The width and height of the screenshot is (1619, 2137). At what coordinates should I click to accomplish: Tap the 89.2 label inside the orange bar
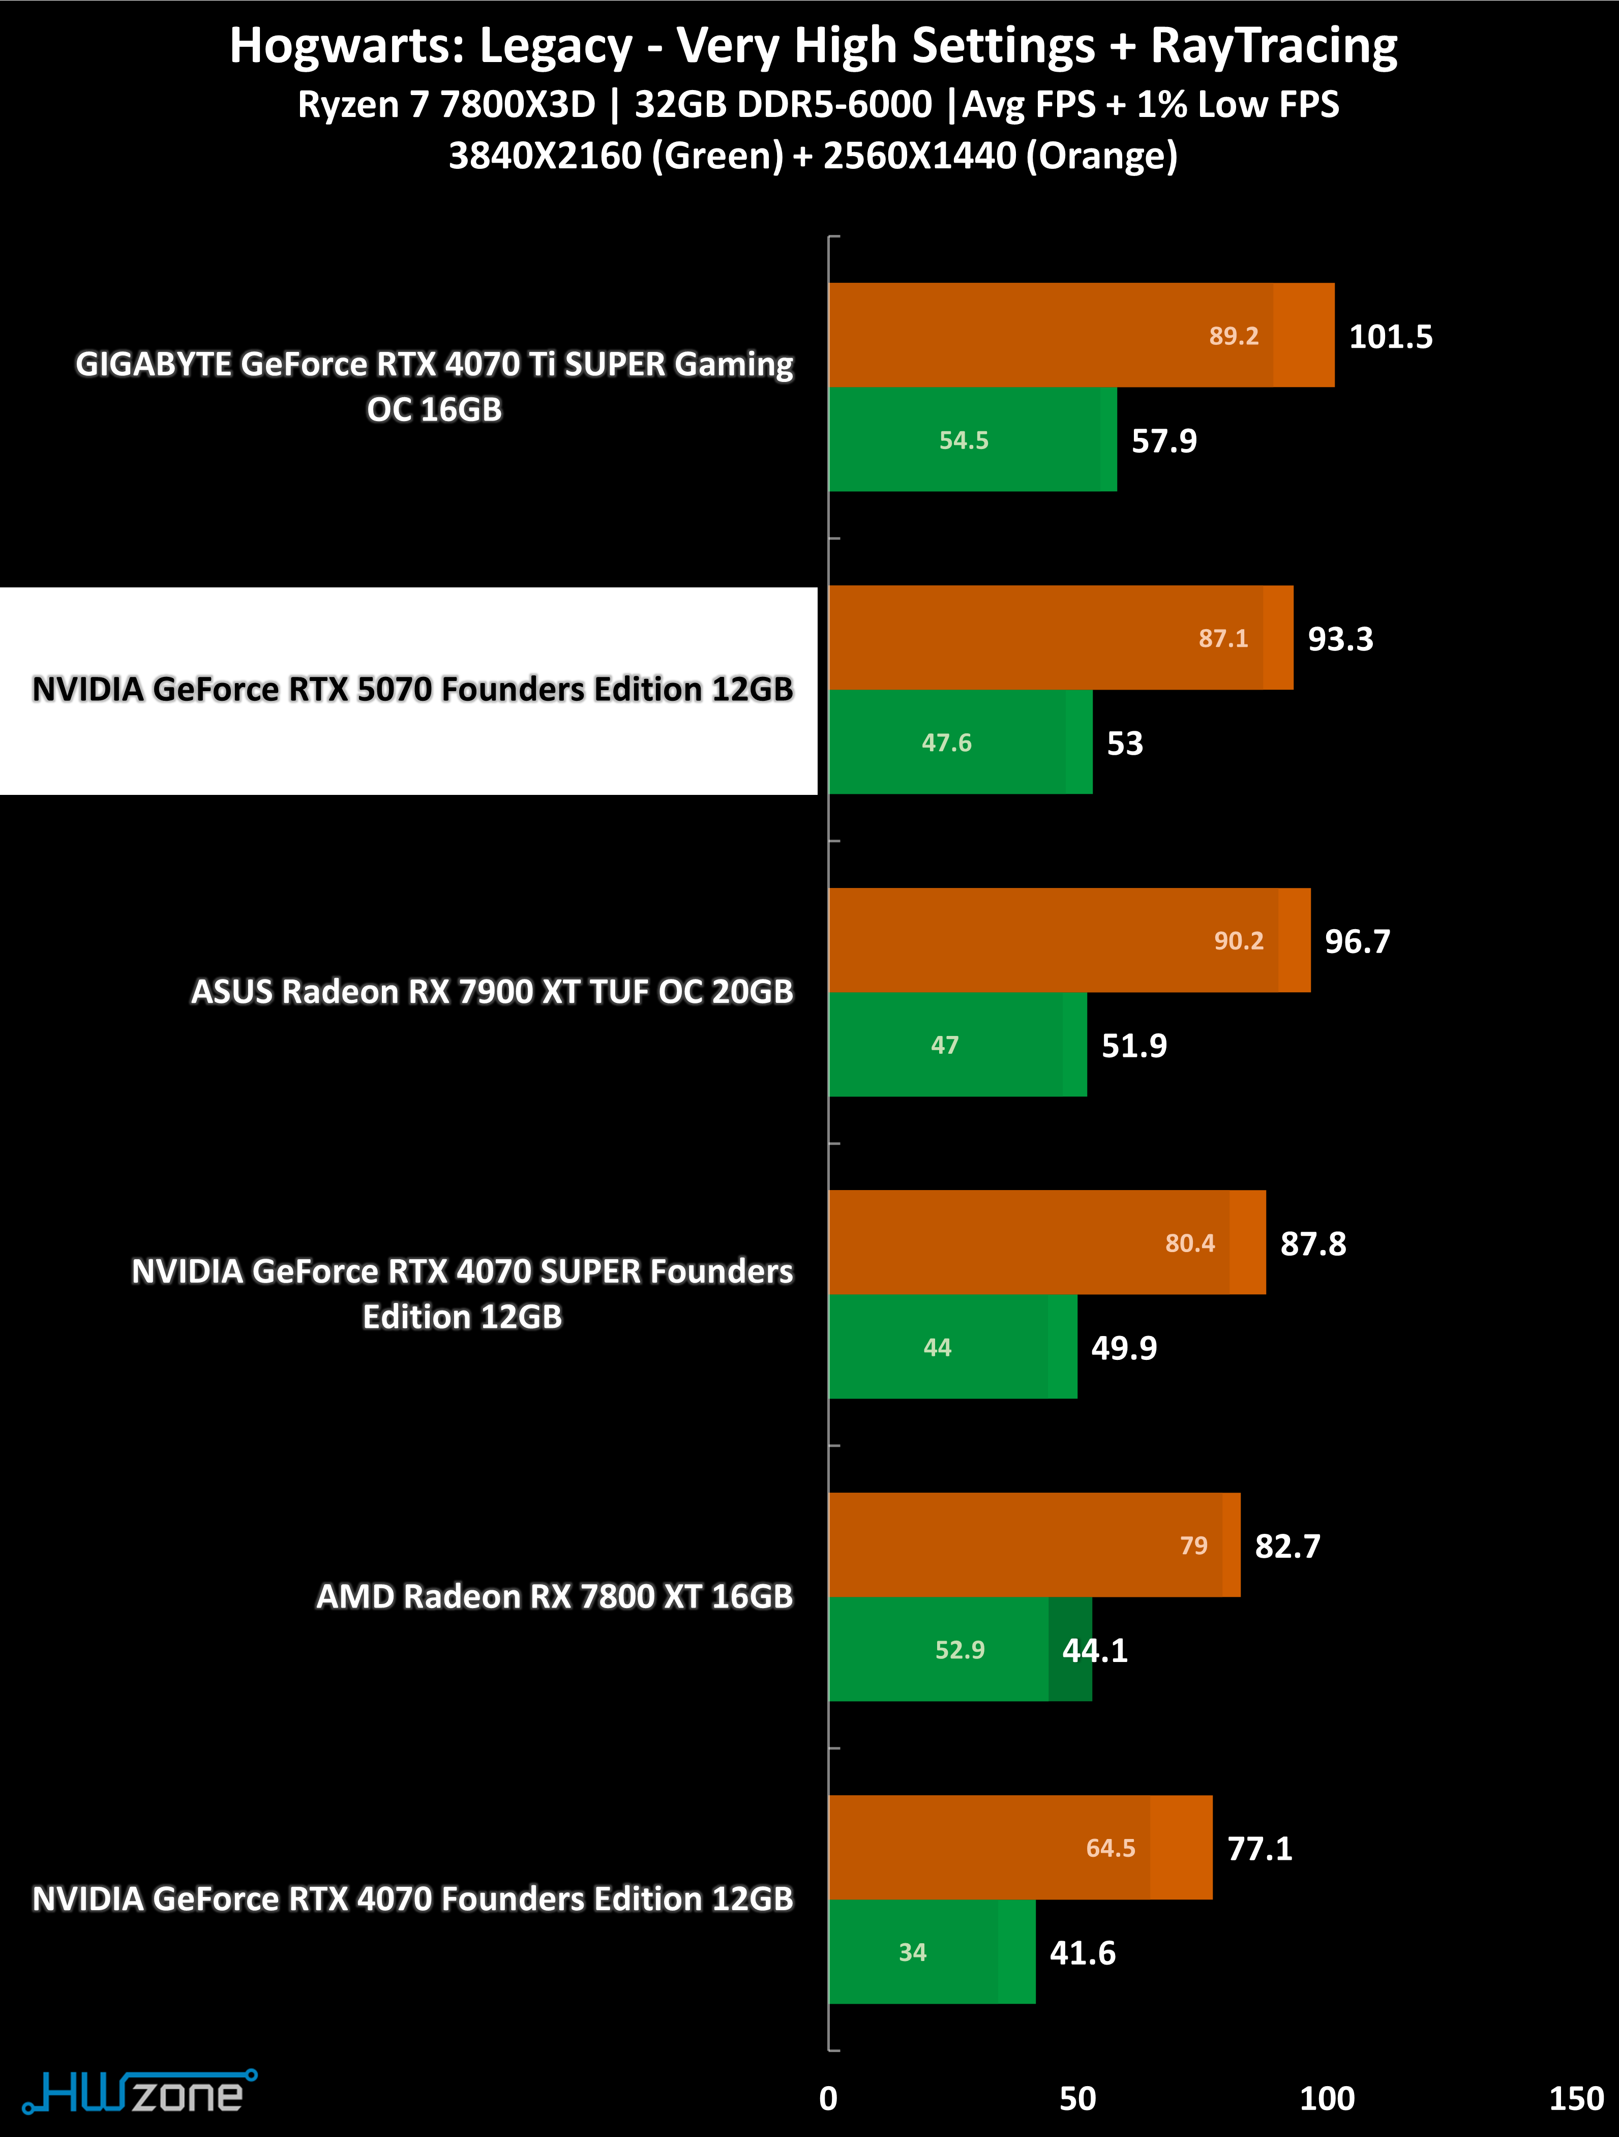(1234, 336)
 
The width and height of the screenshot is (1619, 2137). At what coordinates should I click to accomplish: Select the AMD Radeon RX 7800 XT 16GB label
(554, 1596)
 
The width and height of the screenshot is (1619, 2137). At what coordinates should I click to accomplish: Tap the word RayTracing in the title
(1273, 46)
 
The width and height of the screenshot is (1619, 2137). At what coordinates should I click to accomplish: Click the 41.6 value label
(1082, 1952)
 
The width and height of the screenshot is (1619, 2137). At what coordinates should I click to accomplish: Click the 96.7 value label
(1357, 941)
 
